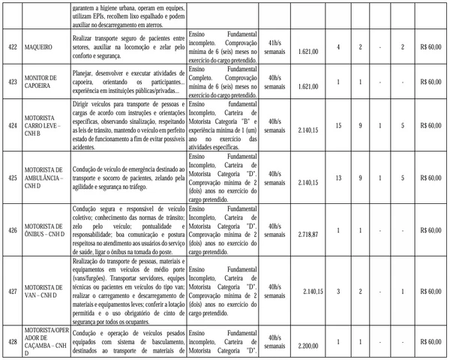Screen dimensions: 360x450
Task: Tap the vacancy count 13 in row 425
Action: (340, 177)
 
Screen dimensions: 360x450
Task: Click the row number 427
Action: (12, 291)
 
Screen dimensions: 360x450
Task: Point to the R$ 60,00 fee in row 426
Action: (430, 229)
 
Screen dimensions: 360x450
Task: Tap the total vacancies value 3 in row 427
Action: (340, 291)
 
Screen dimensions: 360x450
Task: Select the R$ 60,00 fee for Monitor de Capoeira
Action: (430, 82)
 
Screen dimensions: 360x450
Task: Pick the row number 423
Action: (12, 82)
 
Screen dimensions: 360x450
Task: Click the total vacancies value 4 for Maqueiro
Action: (340, 46)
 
